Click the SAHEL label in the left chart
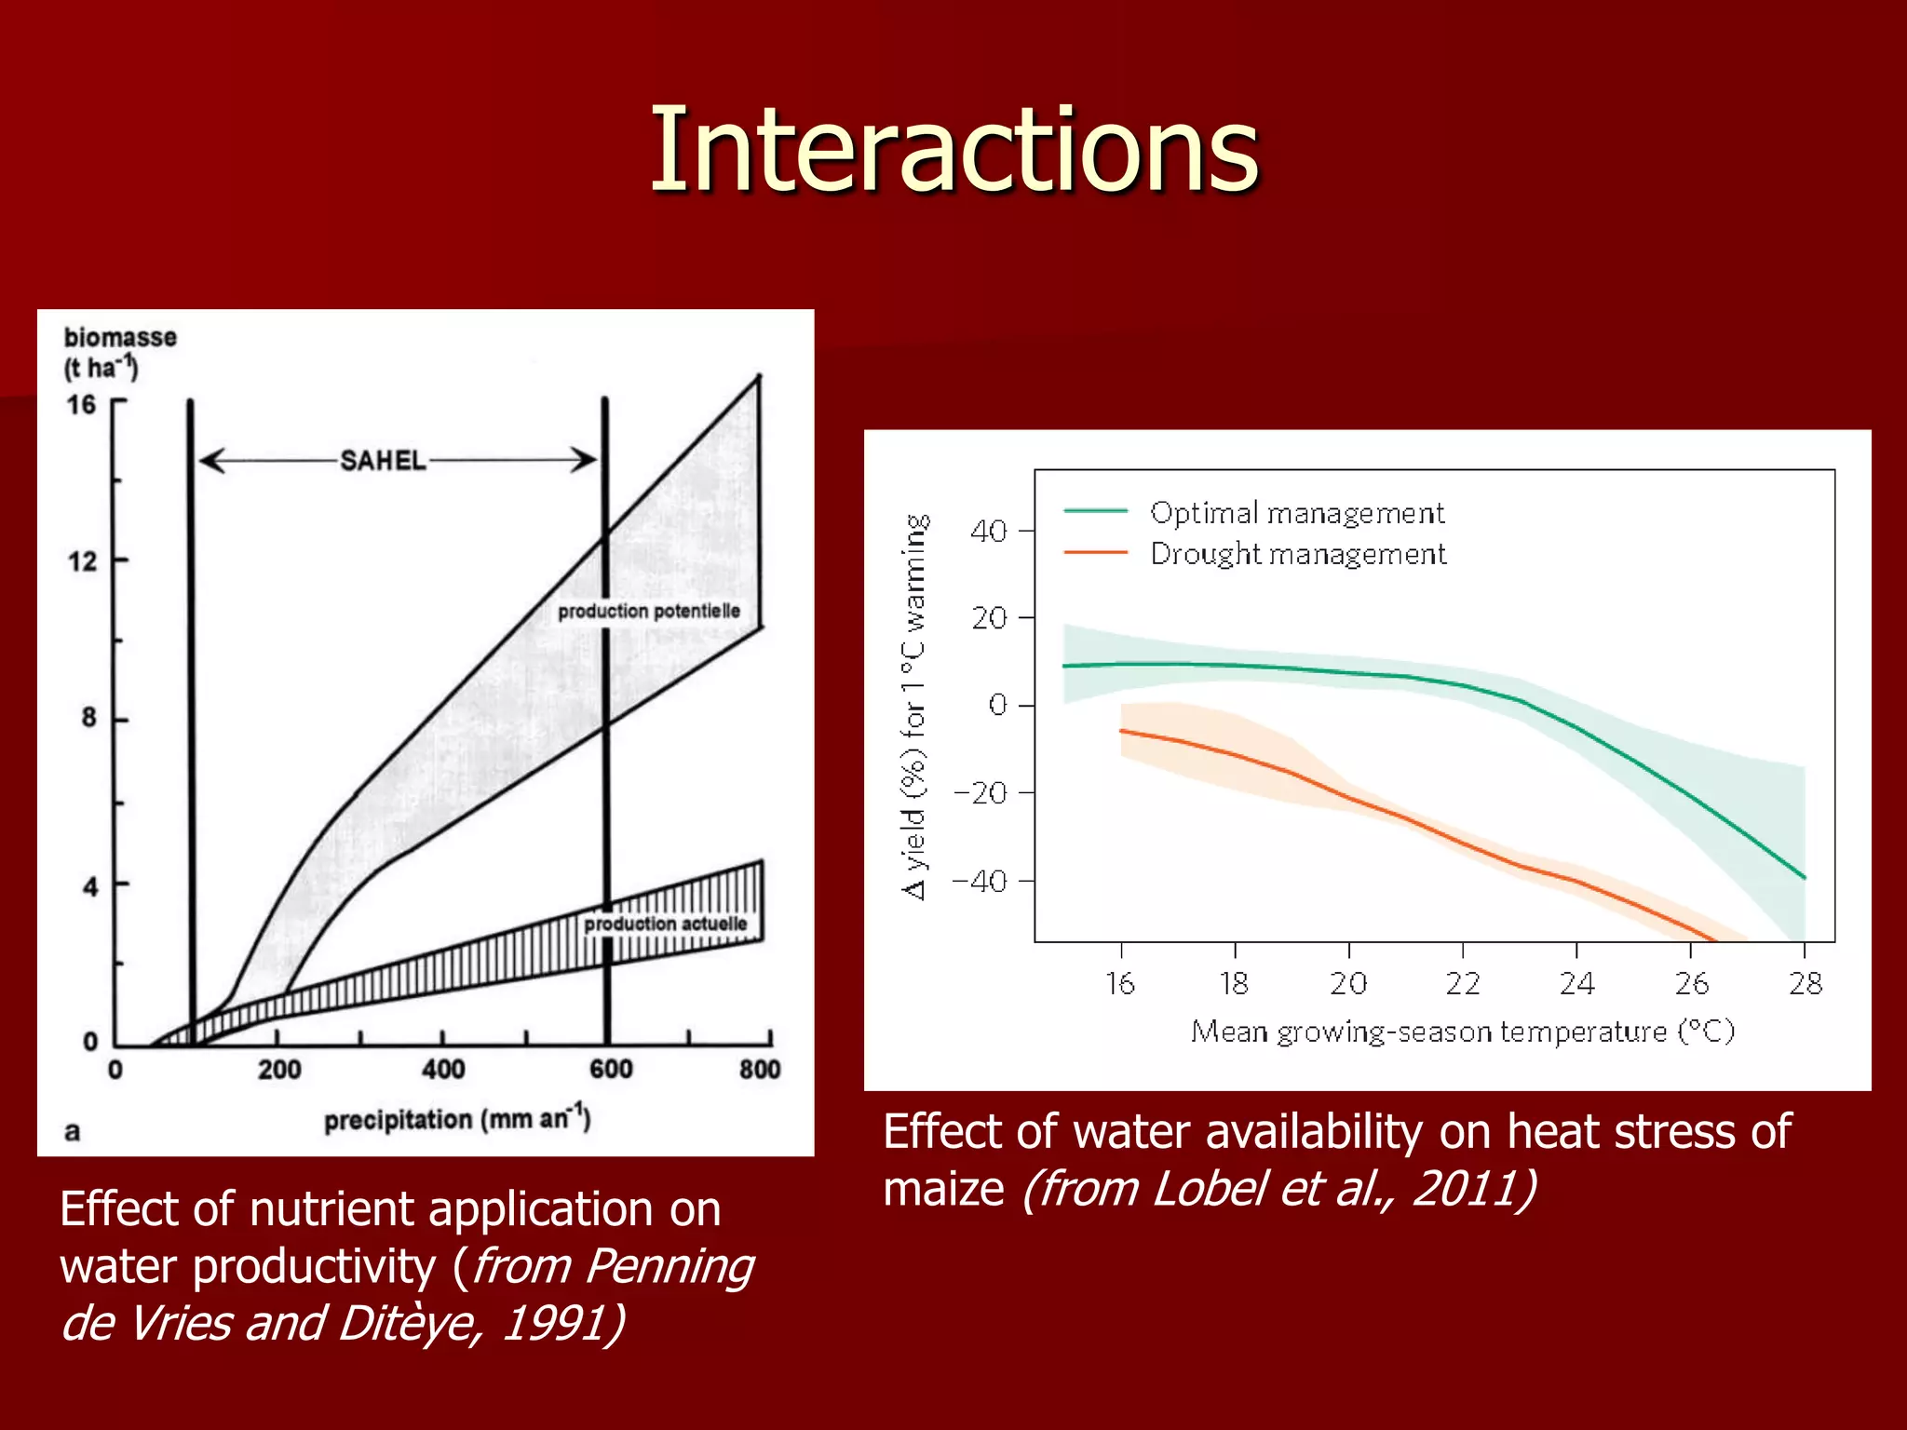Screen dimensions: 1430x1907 [382, 461]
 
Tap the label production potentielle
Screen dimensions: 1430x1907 [649, 612]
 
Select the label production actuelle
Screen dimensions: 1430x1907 [666, 924]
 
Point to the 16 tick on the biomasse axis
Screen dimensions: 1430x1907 [82, 405]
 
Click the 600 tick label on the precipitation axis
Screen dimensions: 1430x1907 [610, 1069]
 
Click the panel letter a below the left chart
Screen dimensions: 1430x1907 [72, 1131]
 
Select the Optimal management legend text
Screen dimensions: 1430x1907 [1296, 513]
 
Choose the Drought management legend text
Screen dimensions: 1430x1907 [1297, 554]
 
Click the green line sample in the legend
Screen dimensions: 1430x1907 [1095, 511]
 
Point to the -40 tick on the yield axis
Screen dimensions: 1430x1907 [980, 881]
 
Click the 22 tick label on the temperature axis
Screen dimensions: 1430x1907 [1462, 984]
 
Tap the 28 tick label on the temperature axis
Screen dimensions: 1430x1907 [1805, 984]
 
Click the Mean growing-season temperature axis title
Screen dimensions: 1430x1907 [1462, 1032]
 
